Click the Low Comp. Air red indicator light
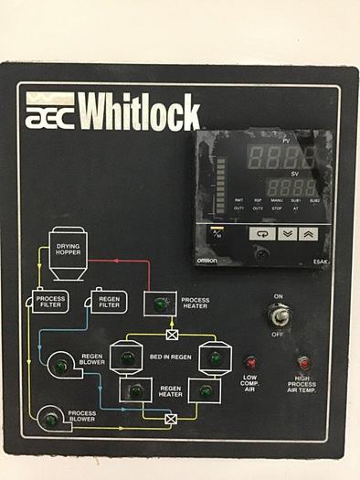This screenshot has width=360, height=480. click(249, 363)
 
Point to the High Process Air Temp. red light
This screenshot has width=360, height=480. click(302, 363)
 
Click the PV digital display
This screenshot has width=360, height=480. click(276, 155)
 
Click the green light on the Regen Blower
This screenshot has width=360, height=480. click(61, 368)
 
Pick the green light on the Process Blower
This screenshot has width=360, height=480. click(51, 420)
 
